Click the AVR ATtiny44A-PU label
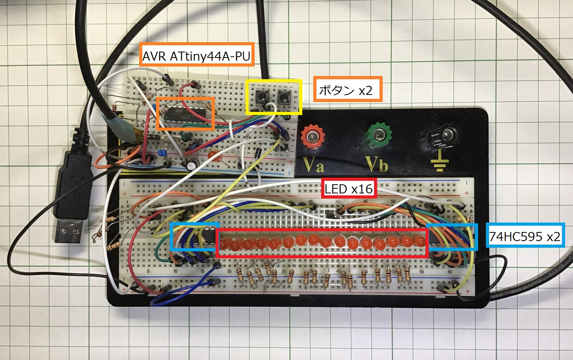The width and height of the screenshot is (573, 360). [x=196, y=56]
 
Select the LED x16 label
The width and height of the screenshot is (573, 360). [x=348, y=189]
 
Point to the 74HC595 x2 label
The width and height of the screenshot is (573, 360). [x=525, y=236]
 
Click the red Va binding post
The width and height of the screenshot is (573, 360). [x=313, y=136]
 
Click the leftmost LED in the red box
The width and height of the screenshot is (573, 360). [x=226, y=244]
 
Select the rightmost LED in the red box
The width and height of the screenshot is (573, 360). [x=419, y=240]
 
